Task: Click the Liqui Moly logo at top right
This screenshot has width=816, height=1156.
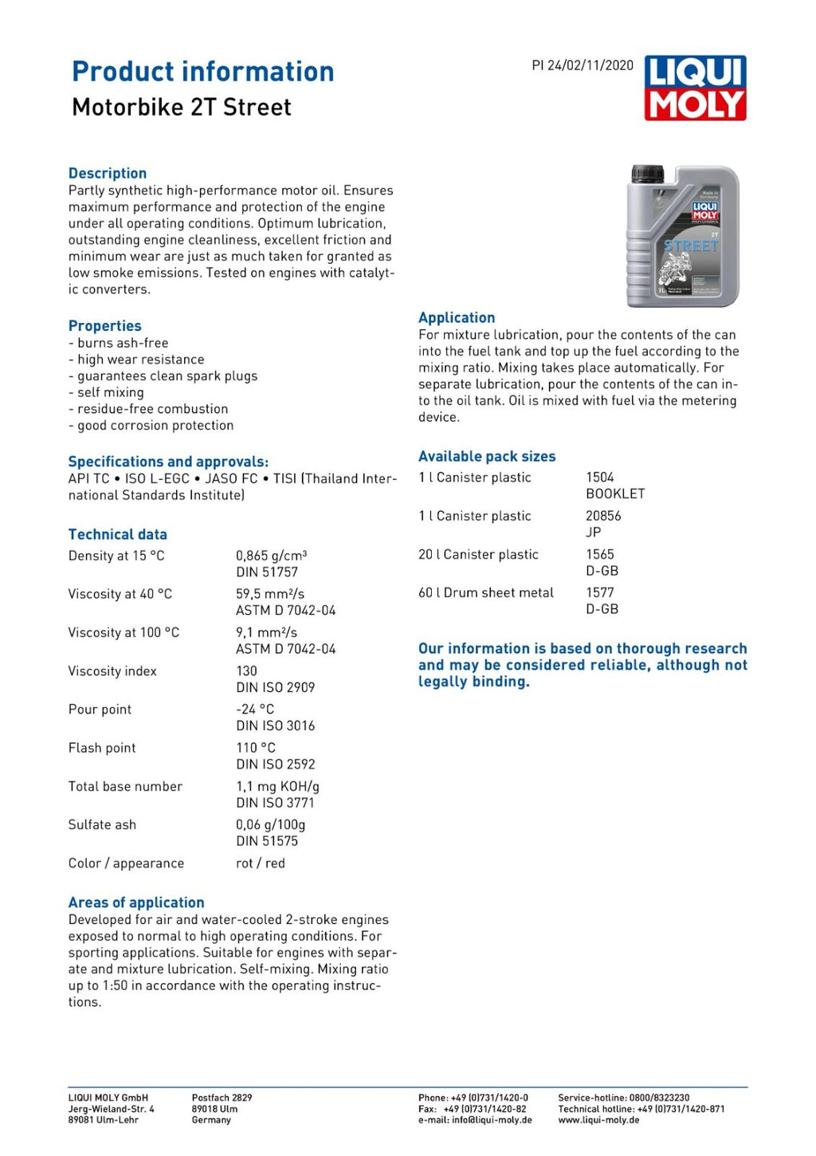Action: (695, 88)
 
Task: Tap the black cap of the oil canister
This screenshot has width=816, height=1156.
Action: (647, 173)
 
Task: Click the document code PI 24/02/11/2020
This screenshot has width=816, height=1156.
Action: (583, 65)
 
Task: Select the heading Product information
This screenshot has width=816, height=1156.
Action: (202, 72)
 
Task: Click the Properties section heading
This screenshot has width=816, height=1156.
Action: (104, 326)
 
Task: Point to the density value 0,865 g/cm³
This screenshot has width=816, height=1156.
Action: (271, 556)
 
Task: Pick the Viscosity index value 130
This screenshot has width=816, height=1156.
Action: (246, 670)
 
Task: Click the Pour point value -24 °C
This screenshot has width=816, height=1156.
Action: (255, 709)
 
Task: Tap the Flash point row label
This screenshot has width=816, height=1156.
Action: (102, 748)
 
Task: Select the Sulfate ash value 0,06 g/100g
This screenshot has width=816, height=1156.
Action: (270, 824)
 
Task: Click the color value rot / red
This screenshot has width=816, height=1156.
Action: (260, 863)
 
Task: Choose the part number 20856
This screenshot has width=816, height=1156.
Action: (603, 516)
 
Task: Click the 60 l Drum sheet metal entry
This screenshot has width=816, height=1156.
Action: (486, 592)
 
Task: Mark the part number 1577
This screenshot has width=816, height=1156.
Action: (600, 592)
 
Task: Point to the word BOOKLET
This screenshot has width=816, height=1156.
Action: (615, 493)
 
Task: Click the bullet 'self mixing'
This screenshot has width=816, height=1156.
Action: (110, 392)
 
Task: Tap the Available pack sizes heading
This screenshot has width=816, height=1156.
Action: (487, 457)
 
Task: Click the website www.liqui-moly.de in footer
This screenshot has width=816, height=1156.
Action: (598, 1120)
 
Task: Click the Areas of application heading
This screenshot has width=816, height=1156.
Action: (136, 902)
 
